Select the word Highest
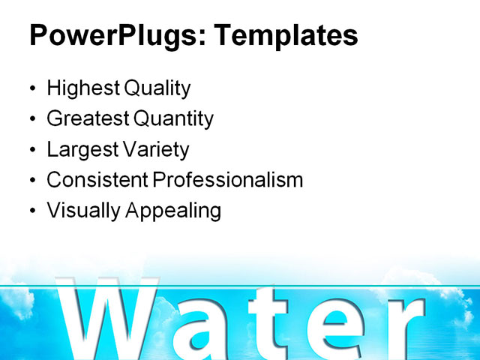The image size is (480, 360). click(82, 88)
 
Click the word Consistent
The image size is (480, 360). click(97, 180)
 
